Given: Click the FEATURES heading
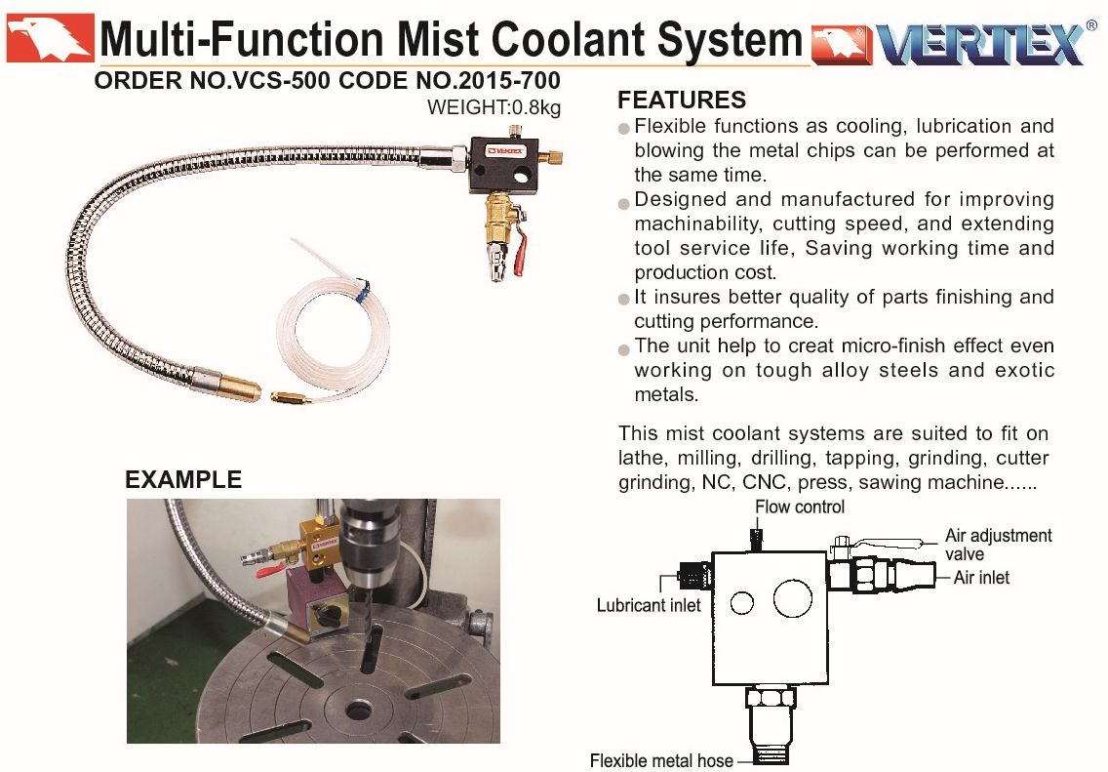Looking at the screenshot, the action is pyautogui.click(x=681, y=100).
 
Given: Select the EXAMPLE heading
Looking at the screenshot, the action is pyautogui.click(x=183, y=479).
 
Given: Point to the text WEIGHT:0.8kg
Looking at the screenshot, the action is pyautogui.click(x=494, y=107).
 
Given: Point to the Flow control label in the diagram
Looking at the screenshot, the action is pyautogui.click(x=799, y=507).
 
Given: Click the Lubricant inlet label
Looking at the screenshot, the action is pyautogui.click(x=648, y=605).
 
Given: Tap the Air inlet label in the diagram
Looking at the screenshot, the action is pyautogui.click(x=981, y=578).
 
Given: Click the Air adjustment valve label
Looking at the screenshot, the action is pyautogui.click(x=998, y=545).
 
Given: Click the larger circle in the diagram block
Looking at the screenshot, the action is pyautogui.click(x=793, y=599).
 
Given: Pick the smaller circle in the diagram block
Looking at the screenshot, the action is pyautogui.click(x=742, y=603).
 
